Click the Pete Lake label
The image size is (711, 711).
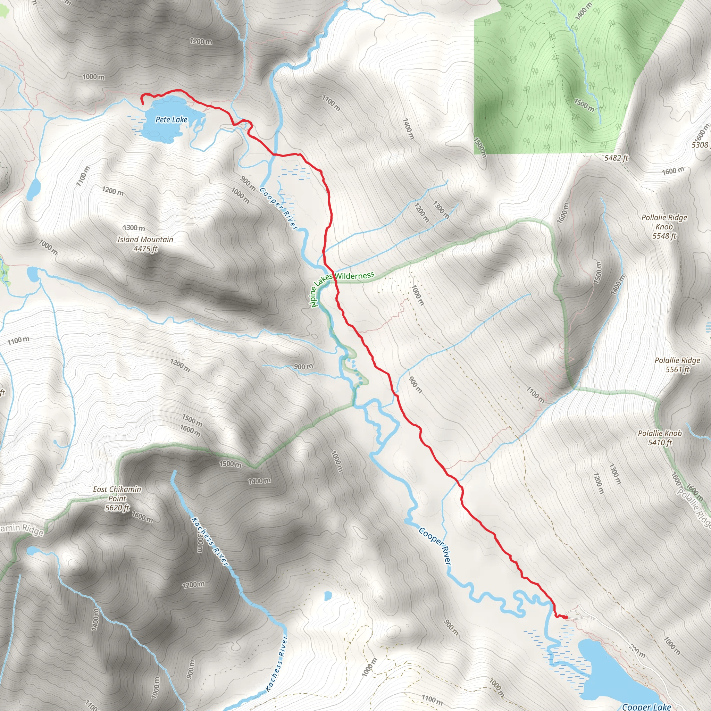171,120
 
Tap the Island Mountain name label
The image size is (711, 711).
145,240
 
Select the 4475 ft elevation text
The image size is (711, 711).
145,249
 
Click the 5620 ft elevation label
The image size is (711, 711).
117,508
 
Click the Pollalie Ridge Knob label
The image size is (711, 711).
664,222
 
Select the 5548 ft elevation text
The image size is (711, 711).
664,236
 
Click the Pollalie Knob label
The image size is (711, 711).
660,434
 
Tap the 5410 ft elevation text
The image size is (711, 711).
660,442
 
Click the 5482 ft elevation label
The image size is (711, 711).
616,158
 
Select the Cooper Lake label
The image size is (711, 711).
646,706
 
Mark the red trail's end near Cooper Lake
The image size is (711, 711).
566,617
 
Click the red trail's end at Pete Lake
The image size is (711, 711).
143,104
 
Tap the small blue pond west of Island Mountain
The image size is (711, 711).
33,189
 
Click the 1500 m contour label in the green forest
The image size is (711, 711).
584,104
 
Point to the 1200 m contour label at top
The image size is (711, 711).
201,41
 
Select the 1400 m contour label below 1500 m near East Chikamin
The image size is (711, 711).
259,480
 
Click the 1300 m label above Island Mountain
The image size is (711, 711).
134,228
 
